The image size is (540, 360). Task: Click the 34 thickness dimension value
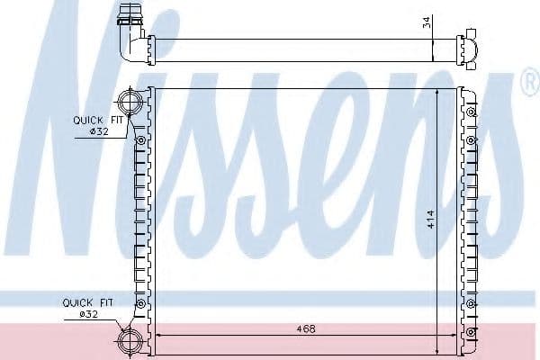[427, 22]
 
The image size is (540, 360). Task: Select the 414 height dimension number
[430, 220]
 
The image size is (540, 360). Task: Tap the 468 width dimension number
[306, 329]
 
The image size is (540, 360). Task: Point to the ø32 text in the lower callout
[88, 314]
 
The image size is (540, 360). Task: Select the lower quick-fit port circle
[130, 341]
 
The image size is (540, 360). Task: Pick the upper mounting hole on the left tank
[141, 140]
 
